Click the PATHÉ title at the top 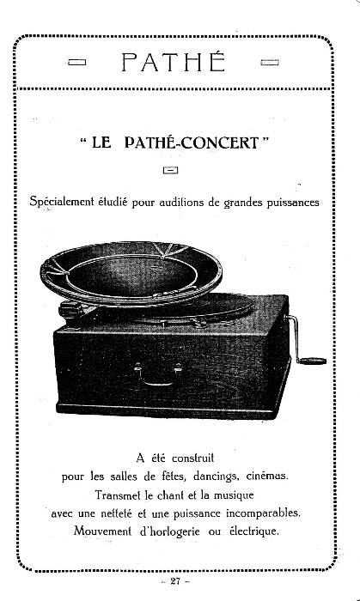pyautogui.click(x=174, y=62)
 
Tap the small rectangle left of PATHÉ pyautogui.click(x=76, y=62)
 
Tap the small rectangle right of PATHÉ pyautogui.click(x=270, y=62)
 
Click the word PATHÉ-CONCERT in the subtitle pyautogui.click(x=192, y=143)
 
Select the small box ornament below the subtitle pyautogui.click(x=171, y=170)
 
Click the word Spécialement pyautogui.click(x=62, y=202)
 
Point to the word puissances pyautogui.click(x=293, y=202)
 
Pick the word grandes pyautogui.click(x=243, y=203)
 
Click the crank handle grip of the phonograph pyautogui.click(x=313, y=361)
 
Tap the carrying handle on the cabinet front pyautogui.click(x=157, y=376)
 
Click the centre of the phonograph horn pyautogui.click(x=131, y=273)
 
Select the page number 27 pyautogui.click(x=175, y=581)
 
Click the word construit pyautogui.click(x=192, y=458)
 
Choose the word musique pyautogui.click(x=234, y=495)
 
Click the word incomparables pyautogui.click(x=263, y=513)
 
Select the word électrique pyautogui.click(x=253, y=532)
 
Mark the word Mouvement pyautogui.click(x=102, y=531)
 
